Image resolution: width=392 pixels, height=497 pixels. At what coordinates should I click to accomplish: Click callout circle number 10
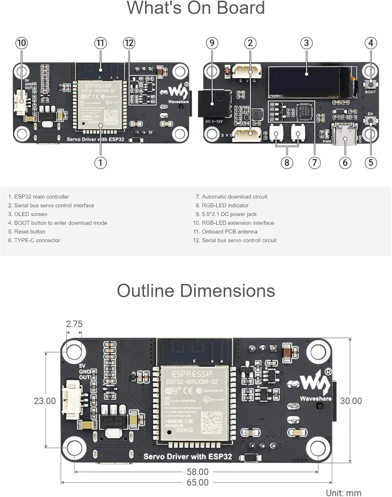[22, 43]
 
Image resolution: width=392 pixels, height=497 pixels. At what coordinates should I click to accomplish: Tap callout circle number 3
[306, 43]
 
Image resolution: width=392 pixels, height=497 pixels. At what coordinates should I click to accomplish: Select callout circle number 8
[287, 163]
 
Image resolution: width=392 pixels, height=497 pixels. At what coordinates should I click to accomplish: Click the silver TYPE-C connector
[345, 134]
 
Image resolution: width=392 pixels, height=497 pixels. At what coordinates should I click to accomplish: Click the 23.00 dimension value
[45, 401]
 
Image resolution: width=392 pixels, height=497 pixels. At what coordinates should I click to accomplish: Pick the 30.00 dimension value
[351, 401]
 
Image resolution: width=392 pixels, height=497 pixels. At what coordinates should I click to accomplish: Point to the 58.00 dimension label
[198, 472]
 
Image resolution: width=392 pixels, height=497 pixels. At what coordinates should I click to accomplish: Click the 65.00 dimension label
[198, 482]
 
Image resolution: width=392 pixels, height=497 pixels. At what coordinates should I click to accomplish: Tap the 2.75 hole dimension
[74, 324]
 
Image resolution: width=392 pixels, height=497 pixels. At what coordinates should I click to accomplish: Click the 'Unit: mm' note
[343, 493]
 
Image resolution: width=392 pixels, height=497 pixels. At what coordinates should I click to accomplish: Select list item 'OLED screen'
[30, 214]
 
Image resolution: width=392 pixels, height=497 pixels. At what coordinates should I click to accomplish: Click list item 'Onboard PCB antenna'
[229, 232]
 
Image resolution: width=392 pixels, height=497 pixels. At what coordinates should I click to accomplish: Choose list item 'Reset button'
[29, 232]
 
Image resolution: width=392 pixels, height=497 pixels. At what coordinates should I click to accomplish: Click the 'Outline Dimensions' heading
[196, 291]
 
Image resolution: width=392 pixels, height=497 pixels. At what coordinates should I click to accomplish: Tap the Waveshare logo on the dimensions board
[315, 384]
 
